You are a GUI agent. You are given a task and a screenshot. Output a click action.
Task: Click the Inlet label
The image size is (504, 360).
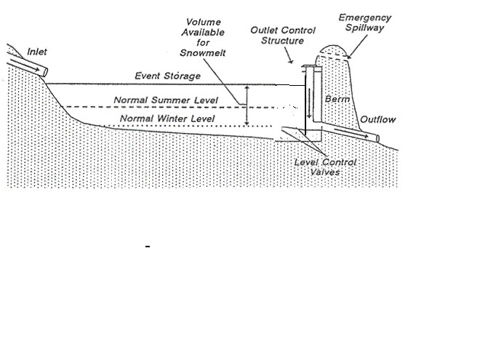[36, 52]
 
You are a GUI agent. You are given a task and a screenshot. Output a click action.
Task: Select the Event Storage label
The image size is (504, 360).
[167, 76]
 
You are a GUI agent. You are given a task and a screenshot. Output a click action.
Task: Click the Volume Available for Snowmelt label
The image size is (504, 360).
[203, 37]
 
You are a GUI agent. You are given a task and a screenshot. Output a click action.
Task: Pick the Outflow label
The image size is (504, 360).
[378, 119]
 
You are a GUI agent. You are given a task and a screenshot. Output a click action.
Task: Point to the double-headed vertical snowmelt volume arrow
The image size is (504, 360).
[247, 105]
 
